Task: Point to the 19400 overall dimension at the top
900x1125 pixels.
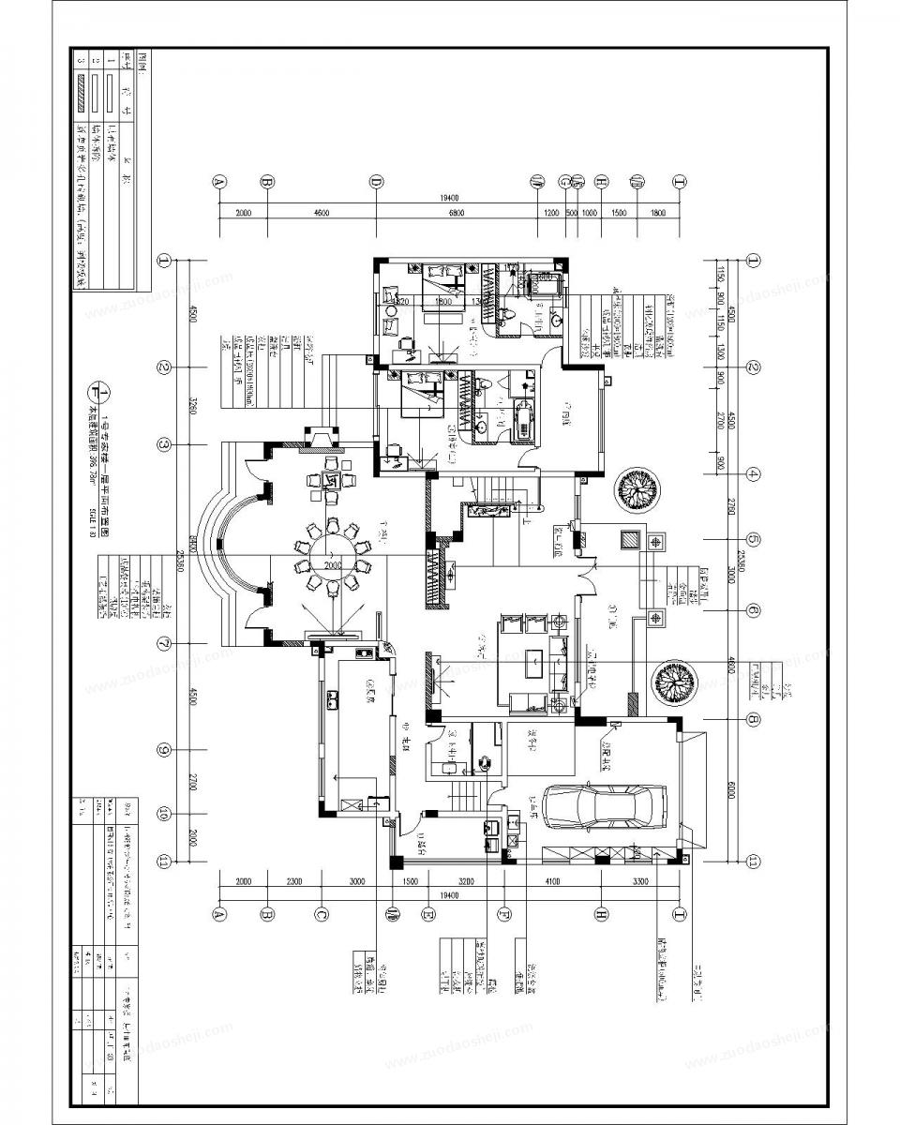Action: [449, 198]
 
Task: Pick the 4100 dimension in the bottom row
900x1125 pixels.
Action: [552, 882]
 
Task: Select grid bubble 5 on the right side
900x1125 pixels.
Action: [753, 540]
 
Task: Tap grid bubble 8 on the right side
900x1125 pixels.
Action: [753, 720]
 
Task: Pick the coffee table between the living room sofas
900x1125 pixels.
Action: [533, 660]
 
